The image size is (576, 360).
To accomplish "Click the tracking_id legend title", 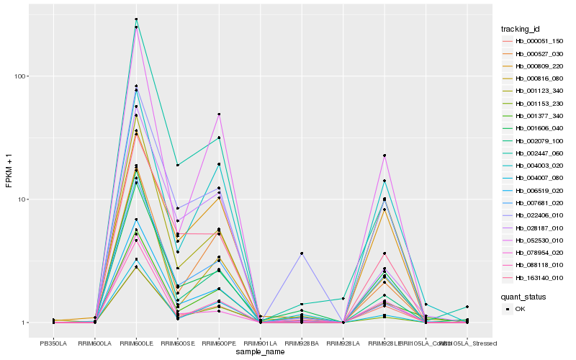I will tap(521, 29).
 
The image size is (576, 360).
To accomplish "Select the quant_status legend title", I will tap(523, 297).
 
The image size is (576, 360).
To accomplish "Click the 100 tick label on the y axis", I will tap(21, 76).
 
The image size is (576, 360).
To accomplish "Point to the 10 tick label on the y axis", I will tap(23, 199).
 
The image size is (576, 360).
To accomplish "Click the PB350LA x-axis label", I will tap(53, 342).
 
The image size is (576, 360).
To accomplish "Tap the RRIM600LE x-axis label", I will tap(136, 342).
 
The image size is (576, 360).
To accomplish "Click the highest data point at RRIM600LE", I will tap(136, 19).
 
